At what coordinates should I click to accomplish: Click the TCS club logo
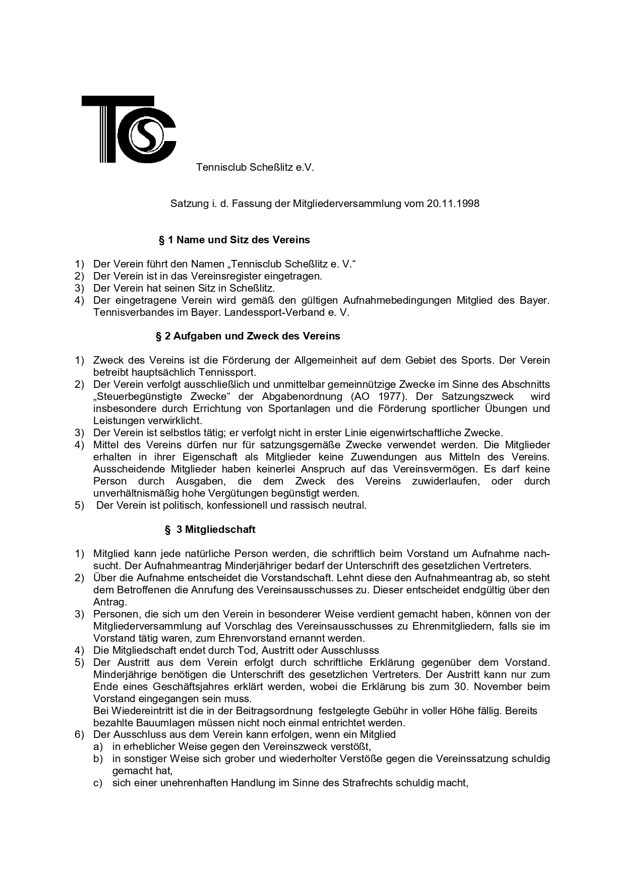click(x=129, y=129)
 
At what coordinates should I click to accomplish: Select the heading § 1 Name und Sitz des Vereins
click(x=234, y=240)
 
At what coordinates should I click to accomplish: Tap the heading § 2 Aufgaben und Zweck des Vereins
click(x=248, y=336)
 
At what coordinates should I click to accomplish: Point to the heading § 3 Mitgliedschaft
click(x=210, y=529)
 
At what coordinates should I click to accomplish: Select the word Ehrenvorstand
click(x=203, y=638)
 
